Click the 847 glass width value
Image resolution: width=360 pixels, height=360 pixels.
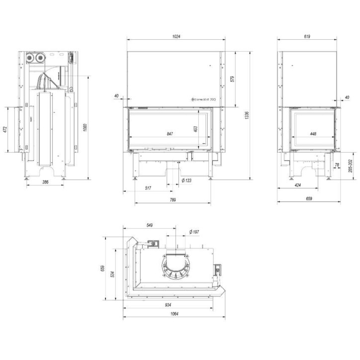(x=170, y=134)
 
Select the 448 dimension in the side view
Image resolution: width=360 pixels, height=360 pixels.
(x=313, y=134)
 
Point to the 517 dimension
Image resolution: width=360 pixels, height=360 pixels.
(x=148, y=188)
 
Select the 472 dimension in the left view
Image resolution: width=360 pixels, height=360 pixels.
(x=5, y=129)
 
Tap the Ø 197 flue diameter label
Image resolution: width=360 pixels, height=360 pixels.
(x=194, y=232)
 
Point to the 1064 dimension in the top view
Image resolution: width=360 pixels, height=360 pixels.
(x=174, y=314)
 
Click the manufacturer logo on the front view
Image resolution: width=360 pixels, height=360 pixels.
(x=204, y=99)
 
